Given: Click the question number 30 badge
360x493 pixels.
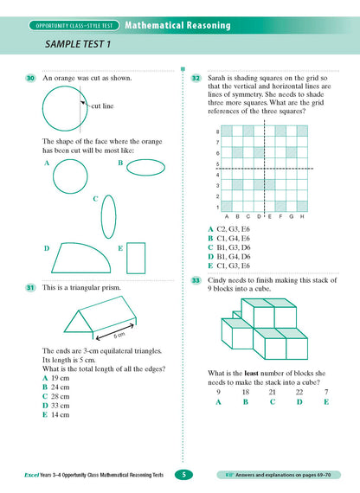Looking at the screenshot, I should pos(30,78).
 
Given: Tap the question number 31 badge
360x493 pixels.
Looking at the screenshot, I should pos(30,286).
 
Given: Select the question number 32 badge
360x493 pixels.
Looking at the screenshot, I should pos(196,78).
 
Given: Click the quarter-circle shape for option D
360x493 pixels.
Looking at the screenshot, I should pos(82,259).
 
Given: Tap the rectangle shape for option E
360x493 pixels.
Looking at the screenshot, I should pos(137,258).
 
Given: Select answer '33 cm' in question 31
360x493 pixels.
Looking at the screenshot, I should pos(59,405).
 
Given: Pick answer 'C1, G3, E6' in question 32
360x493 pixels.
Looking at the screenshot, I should pos(232,266).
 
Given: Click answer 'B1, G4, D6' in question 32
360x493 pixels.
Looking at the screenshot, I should pos(232,256).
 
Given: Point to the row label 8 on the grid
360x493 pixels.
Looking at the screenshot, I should pos(217,131).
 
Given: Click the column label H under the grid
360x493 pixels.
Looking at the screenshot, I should pos(302,216).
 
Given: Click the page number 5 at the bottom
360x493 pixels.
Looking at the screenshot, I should pos(180,475).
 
